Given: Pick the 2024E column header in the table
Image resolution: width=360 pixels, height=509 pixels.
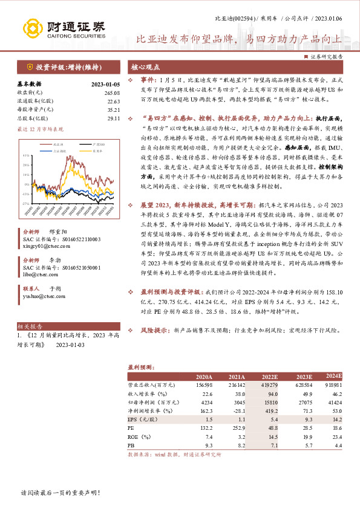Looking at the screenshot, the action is (332, 375).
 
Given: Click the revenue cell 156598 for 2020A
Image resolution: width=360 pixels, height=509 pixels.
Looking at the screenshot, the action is (204, 384).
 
